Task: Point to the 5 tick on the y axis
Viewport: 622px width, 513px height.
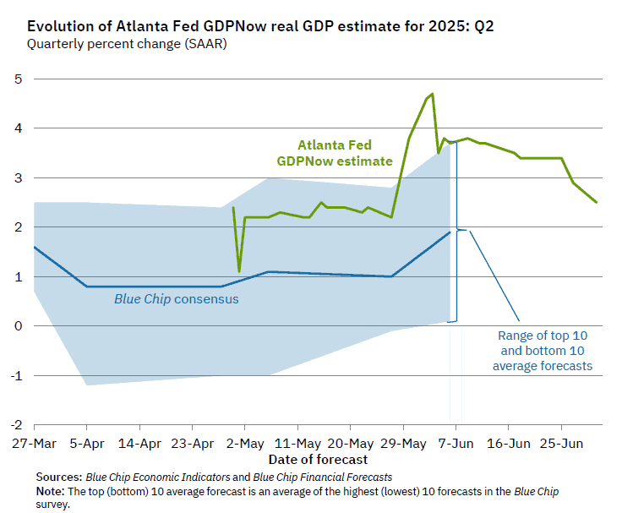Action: tap(17, 79)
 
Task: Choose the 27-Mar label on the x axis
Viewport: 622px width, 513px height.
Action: tap(33, 443)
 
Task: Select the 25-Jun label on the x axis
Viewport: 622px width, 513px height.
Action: tap(562, 443)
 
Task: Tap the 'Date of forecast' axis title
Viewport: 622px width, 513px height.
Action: tap(319, 460)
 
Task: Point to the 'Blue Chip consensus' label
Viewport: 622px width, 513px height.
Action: tap(177, 299)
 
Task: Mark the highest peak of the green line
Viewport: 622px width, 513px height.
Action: tap(432, 94)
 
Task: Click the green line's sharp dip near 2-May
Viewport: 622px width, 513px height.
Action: tap(239, 271)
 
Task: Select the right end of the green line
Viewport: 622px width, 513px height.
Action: tap(597, 202)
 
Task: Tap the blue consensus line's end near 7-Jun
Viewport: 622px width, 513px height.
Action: tap(450, 232)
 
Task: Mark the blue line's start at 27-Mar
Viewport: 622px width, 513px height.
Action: tap(34, 247)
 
